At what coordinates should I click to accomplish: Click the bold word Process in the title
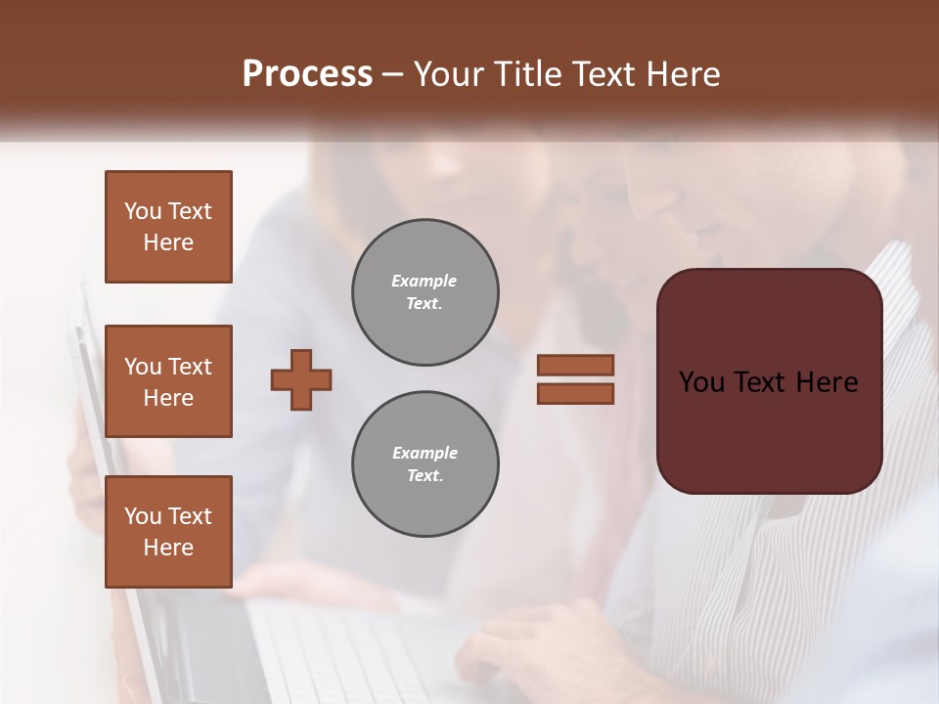coord(307,74)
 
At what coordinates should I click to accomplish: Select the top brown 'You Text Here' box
coord(168,227)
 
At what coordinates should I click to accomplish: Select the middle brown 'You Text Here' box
coord(168,381)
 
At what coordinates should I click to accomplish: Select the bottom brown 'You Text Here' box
coord(168,532)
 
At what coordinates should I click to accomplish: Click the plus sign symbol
coord(301,379)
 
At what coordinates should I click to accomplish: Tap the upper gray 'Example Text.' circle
coord(425,292)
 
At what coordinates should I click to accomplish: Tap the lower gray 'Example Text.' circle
coord(425,464)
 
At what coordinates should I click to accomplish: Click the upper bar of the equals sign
coord(575,365)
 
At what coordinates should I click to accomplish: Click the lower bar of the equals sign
coord(575,393)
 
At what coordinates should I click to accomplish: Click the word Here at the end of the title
coord(686,74)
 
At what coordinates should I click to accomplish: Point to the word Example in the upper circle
coord(424,281)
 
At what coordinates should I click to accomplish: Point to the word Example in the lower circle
coord(425,453)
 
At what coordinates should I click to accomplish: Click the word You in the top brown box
coord(142,211)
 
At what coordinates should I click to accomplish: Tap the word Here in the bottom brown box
coord(168,548)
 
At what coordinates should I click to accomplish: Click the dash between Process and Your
coord(392,74)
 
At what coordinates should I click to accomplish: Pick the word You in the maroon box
coord(701,382)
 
